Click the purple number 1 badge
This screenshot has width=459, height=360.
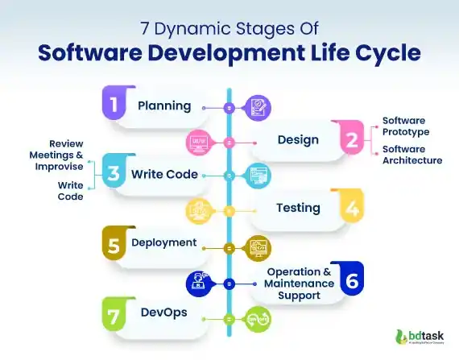pyautogui.click(x=115, y=105)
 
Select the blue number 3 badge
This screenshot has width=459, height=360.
pyautogui.click(x=115, y=174)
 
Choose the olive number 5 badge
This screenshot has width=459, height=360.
pyautogui.click(x=115, y=242)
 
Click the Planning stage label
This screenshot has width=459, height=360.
pyautogui.click(x=164, y=106)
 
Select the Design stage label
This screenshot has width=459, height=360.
pyautogui.click(x=298, y=139)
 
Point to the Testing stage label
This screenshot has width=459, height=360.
pyautogui.click(x=298, y=208)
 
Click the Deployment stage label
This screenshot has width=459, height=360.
pyautogui.click(x=164, y=242)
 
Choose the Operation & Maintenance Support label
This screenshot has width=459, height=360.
pyautogui.click(x=300, y=283)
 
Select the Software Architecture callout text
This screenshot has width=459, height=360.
pyautogui.click(x=411, y=155)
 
